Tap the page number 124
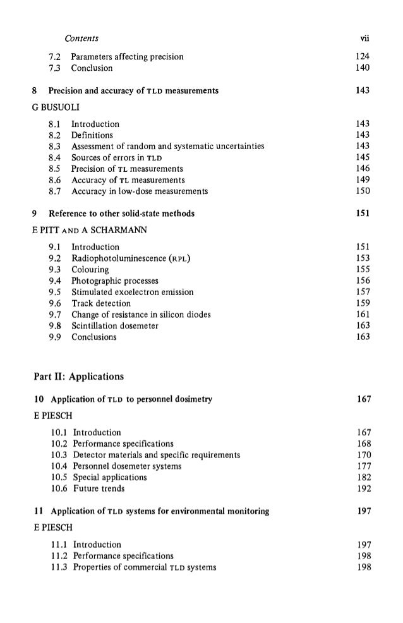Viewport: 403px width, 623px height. click(363, 57)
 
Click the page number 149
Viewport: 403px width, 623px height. click(363, 180)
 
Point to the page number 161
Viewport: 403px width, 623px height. click(363, 315)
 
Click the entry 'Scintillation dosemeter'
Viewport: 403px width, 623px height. click(115, 326)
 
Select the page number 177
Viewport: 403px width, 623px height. click(363, 466)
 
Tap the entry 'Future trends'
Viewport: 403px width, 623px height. click(99, 488)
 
